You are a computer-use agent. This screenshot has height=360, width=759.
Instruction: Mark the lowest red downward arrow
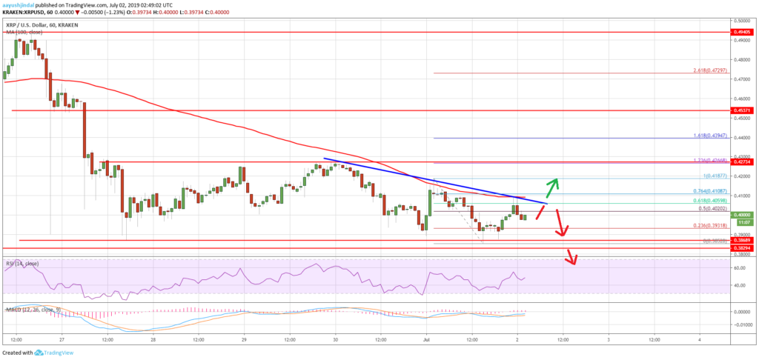click(572, 259)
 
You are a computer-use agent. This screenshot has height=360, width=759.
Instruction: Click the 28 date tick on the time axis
click(153, 339)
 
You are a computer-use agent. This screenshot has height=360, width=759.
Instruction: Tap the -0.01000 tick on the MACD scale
click(741, 324)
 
